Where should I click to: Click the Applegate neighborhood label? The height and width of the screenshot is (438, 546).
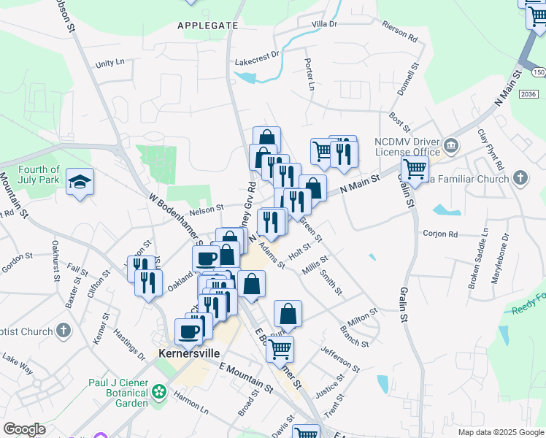[x=208, y=26]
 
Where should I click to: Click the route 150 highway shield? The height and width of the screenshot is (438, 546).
[x=539, y=73]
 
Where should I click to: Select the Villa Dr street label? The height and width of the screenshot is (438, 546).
[x=324, y=24]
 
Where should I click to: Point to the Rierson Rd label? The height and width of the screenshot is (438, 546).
[x=399, y=34]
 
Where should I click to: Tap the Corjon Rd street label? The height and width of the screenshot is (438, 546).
[x=439, y=234]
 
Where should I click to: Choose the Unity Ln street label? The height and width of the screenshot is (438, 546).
[x=110, y=64]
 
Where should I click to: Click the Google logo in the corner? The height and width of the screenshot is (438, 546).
[x=24, y=429]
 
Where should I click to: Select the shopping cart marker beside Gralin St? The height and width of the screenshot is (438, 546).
[x=415, y=170]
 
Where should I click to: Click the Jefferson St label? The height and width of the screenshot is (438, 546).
[x=339, y=357]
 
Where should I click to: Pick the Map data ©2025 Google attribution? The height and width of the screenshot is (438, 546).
[x=501, y=431]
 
